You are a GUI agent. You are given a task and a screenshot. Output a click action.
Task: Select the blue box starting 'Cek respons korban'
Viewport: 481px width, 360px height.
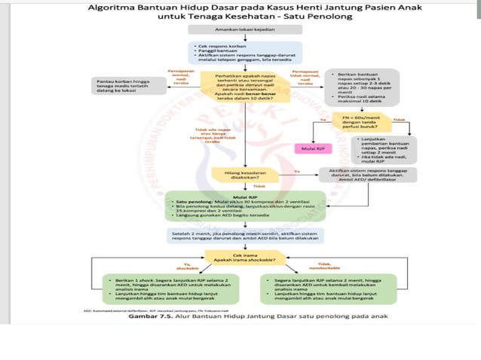(240, 52)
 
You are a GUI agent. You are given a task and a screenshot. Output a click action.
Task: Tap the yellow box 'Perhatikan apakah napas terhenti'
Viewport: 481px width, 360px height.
(240, 86)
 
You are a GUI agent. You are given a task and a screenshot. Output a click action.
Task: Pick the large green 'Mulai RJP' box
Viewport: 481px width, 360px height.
(240, 205)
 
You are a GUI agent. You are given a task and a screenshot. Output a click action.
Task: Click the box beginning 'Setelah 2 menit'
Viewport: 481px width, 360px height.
(240, 236)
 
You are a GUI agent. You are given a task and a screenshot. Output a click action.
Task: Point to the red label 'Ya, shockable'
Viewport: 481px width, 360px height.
(182, 265)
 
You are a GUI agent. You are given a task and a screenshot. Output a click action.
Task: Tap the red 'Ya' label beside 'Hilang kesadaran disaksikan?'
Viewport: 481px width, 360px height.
(296, 171)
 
